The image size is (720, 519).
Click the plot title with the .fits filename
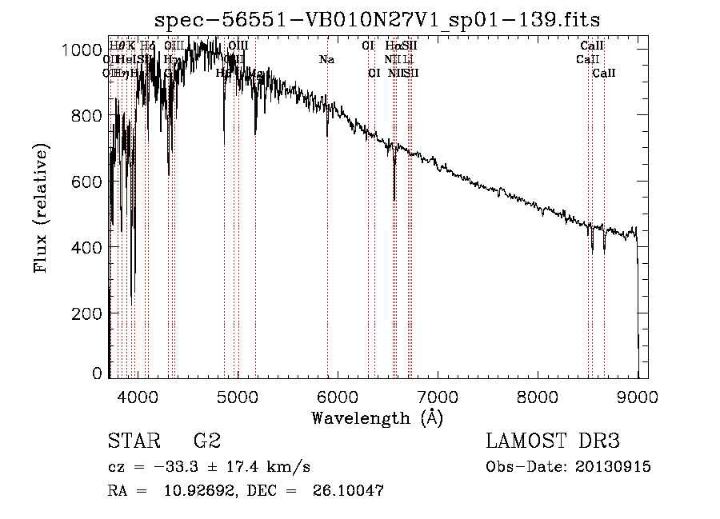pos(377,19)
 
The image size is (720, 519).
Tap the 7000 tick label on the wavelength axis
pos(438,396)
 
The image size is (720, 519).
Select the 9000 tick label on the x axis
pos(638,396)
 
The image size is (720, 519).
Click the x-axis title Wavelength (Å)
pos(377,417)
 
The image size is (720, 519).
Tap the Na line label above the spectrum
pos(326,59)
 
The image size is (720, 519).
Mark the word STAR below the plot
pos(134,441)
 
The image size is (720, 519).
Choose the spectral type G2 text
pos(207,441)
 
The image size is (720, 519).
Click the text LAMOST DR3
pos(553,441)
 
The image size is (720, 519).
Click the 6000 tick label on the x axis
pos(338,396)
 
